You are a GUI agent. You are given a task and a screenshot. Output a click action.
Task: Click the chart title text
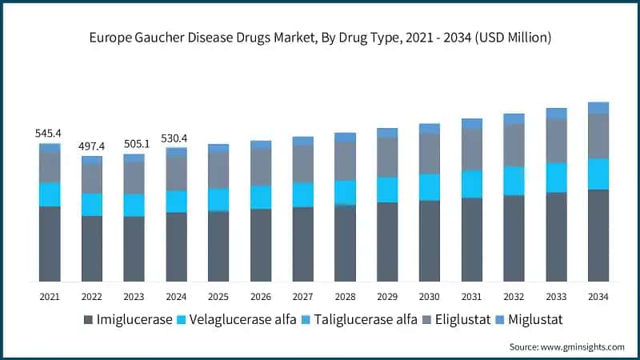coord(320,38)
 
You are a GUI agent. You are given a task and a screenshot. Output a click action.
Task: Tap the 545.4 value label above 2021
coord(50,134)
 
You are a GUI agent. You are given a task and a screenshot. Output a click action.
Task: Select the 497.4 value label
coord(92,146)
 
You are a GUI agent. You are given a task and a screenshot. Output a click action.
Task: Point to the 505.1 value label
coord(134,144)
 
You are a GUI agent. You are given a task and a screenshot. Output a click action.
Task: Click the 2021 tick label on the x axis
coord(50,296)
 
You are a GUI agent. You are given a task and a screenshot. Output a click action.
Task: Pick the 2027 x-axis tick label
coord(303,296)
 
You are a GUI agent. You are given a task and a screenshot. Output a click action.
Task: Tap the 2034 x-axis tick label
coord(598,296)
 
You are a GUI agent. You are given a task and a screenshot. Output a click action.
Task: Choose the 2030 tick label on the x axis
coord(430,296)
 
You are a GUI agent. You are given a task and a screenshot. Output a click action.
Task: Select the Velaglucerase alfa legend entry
coord(243,320)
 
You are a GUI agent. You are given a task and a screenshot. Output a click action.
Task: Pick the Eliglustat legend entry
coord(460,320)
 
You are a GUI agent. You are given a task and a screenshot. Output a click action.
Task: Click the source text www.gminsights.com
coord(566,346)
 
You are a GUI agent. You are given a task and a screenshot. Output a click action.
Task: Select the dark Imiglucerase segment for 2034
coord(598,235)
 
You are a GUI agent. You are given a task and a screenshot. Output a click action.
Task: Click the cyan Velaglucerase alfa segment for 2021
coord(50,194)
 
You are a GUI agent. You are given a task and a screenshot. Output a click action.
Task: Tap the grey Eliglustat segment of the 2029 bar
coord(387,157)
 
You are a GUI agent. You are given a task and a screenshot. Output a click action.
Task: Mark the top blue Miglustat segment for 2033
coord(556,114)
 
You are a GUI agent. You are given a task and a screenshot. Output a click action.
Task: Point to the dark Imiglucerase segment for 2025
coord(218,246)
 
